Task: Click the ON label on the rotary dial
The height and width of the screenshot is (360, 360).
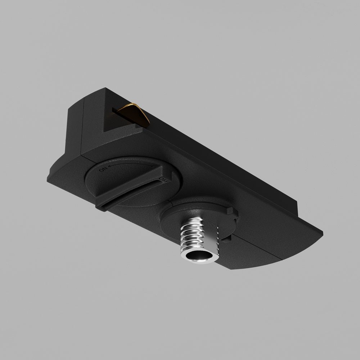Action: click(104, 169)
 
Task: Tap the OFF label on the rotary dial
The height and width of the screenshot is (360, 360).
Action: click(164, 179)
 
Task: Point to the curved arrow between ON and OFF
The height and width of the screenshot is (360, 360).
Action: click(131, 166)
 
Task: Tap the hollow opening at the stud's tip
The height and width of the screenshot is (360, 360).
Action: click(198, 257)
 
